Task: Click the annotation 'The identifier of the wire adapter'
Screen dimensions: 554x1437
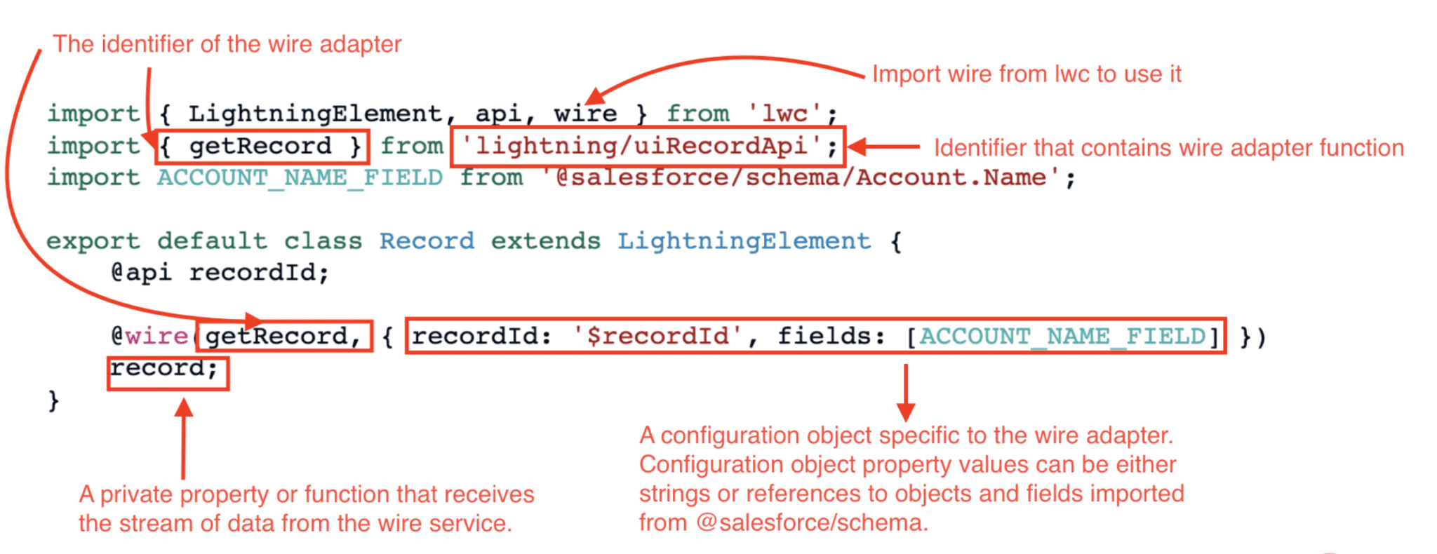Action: pyautogui.click(x=227, y=44)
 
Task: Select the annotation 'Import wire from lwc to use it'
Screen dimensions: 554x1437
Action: pyautogui.click(x=1027, y=74)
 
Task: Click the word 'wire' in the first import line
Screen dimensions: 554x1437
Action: pyautogui.click(x=585, y=114)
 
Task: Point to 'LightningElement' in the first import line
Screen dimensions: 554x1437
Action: pyautogui.click(x=315, y=114)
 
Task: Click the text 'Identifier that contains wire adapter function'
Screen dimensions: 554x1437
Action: pyautogui.click(x=1168, y=148)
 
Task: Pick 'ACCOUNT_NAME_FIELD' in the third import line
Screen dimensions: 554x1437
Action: pyautogui.click(x=300, y=178)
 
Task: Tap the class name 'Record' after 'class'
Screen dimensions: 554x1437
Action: pyautogui.click(x=427, y=241)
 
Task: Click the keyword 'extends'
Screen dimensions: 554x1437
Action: pyautogui.click(x=545, y=241)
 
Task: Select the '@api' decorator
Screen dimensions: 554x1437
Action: pyautogui.click(x=141, y=273)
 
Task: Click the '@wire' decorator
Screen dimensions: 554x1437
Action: pyautogui.click(x=149, y=337)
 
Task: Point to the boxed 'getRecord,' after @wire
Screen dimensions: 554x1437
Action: pyautogui.click(x=283, y=337)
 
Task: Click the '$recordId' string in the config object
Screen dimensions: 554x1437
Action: pyautogui.click(x=657, y=337)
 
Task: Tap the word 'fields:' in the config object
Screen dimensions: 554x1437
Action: pyautogui.click(x=831, y=337)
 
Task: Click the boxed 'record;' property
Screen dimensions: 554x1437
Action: pyautogui.click(x=167, y=369)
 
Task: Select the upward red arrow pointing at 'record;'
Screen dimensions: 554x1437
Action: pyautogui.click(x=184, y=438)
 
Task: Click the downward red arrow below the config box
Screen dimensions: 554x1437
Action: pyautogui.click(x=906, y=393)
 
